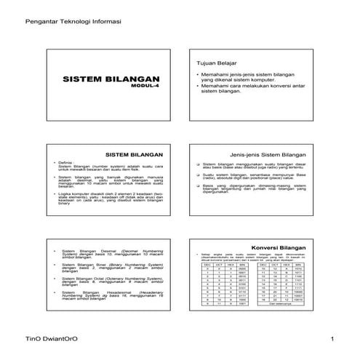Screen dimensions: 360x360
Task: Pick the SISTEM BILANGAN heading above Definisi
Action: (x=137, y=155)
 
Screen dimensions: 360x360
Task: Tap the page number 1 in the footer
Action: (x=331, y=340)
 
